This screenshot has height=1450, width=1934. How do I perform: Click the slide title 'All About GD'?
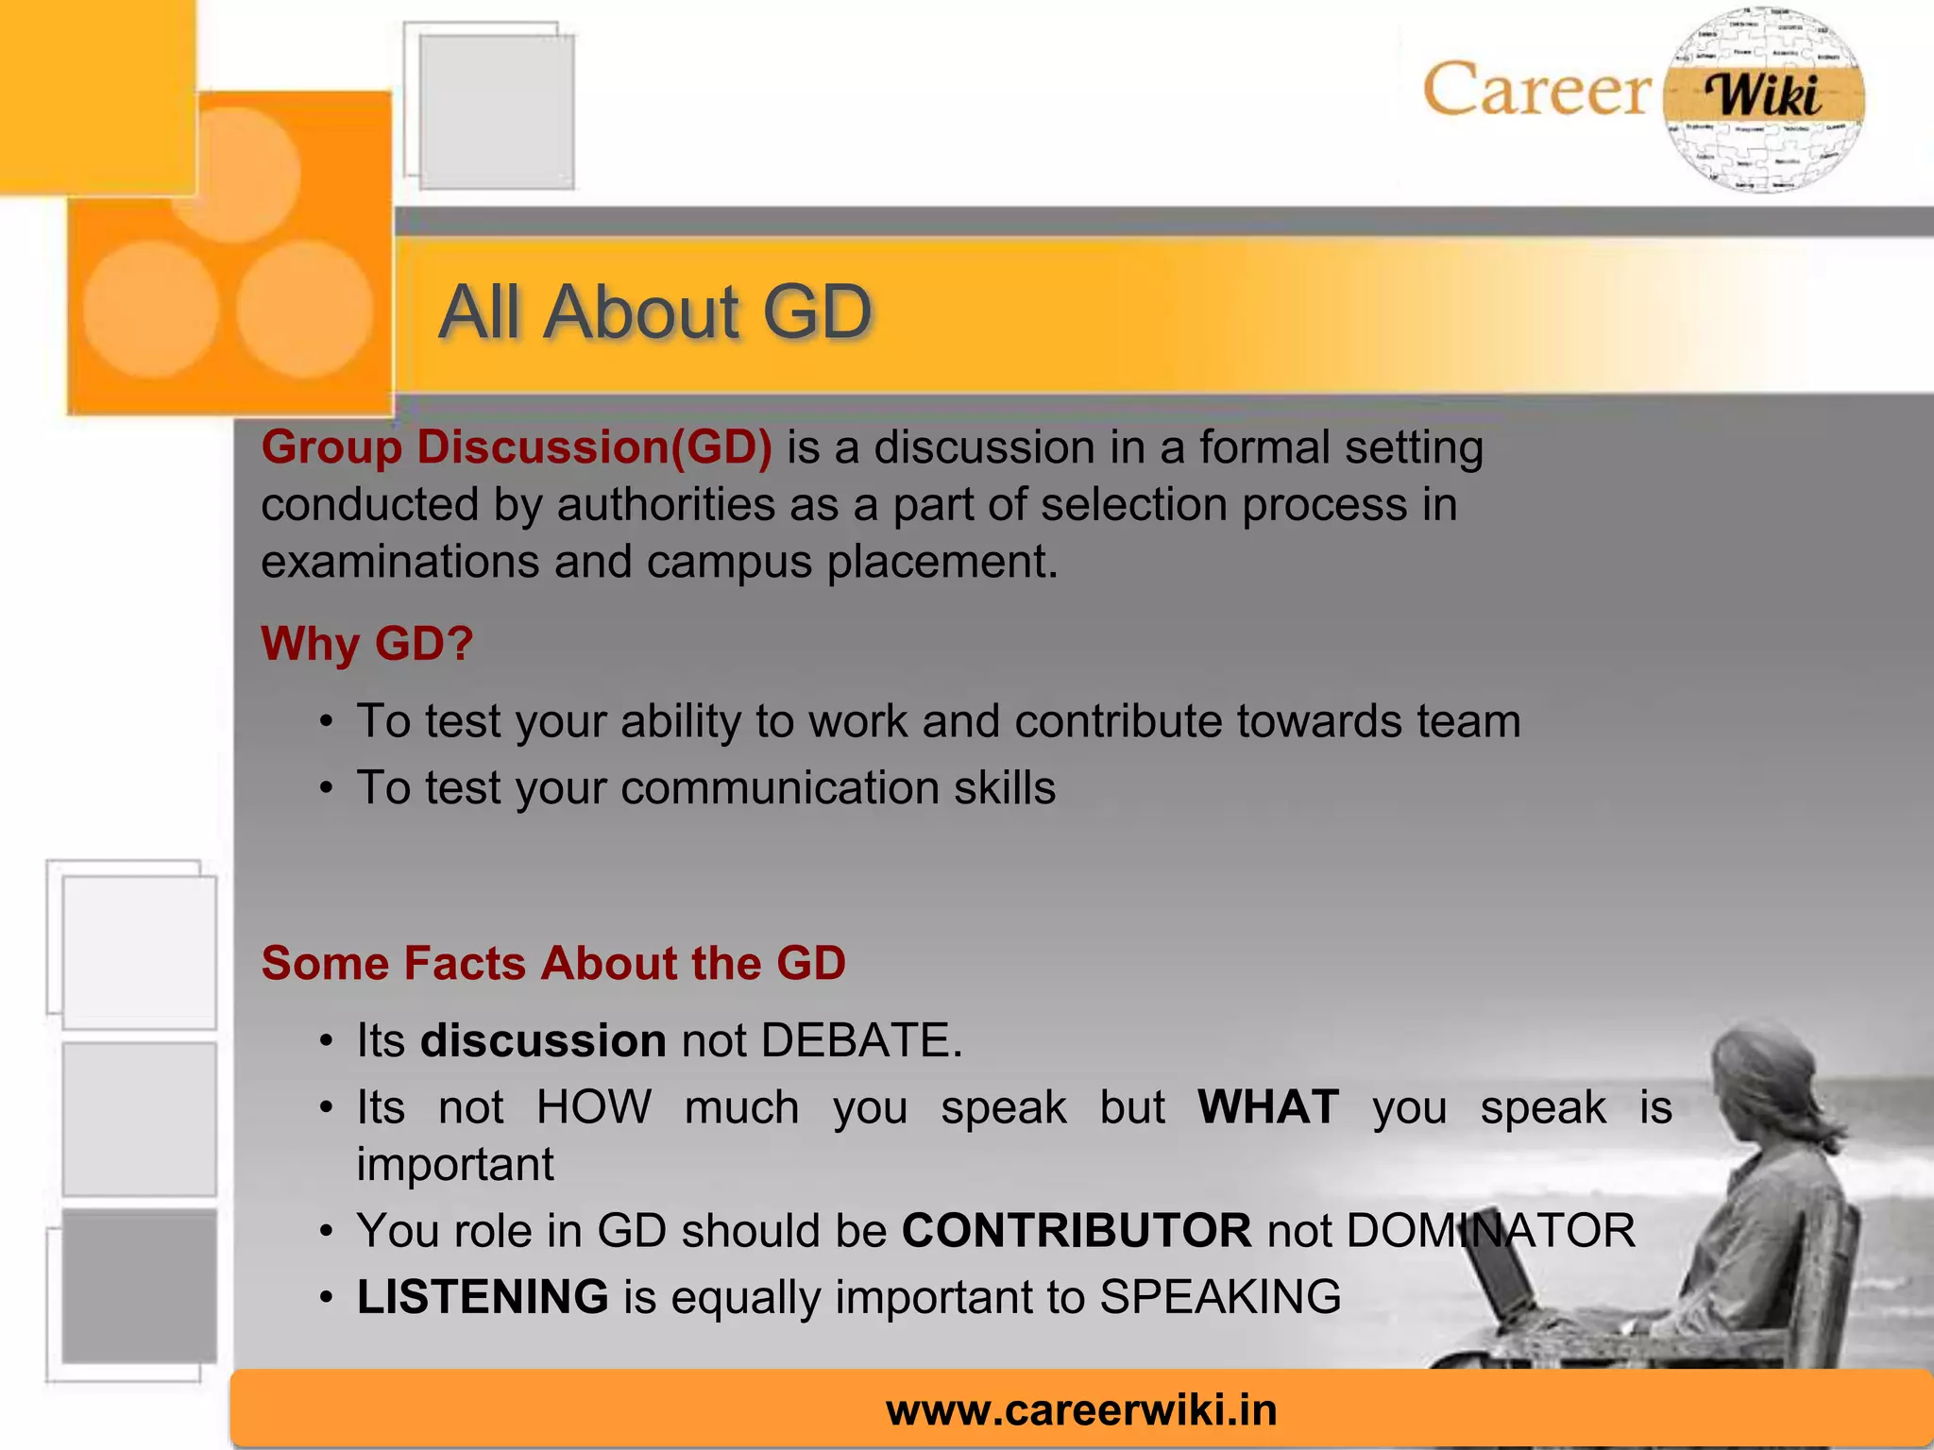(x=654, y=312)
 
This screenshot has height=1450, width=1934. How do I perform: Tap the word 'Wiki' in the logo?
(x=1763, y=95)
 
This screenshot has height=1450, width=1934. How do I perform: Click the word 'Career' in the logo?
(x=1536, y=91)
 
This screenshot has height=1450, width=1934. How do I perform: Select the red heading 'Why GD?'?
(x=366, y=644)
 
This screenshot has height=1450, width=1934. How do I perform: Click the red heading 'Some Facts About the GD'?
(x=553, y=963)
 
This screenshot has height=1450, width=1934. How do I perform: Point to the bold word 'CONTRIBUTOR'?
(x=1077, y=1230)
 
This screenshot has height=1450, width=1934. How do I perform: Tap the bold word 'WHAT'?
(x=1268, y=1106)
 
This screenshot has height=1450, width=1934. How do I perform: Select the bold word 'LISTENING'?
(x=483, y=1296)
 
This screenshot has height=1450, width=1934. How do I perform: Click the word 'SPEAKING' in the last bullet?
(x=1220, y=1296)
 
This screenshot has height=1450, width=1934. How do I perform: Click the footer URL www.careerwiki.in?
(x=1081, y=1409)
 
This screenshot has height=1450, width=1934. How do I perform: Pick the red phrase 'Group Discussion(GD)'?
(x=517, y=447)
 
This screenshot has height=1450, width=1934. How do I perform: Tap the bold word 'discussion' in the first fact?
(x=543, y=1040)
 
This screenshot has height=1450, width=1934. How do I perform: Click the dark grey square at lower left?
(x=139, y=1286)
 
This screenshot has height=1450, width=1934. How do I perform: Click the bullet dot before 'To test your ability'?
(x=326, y=722)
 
